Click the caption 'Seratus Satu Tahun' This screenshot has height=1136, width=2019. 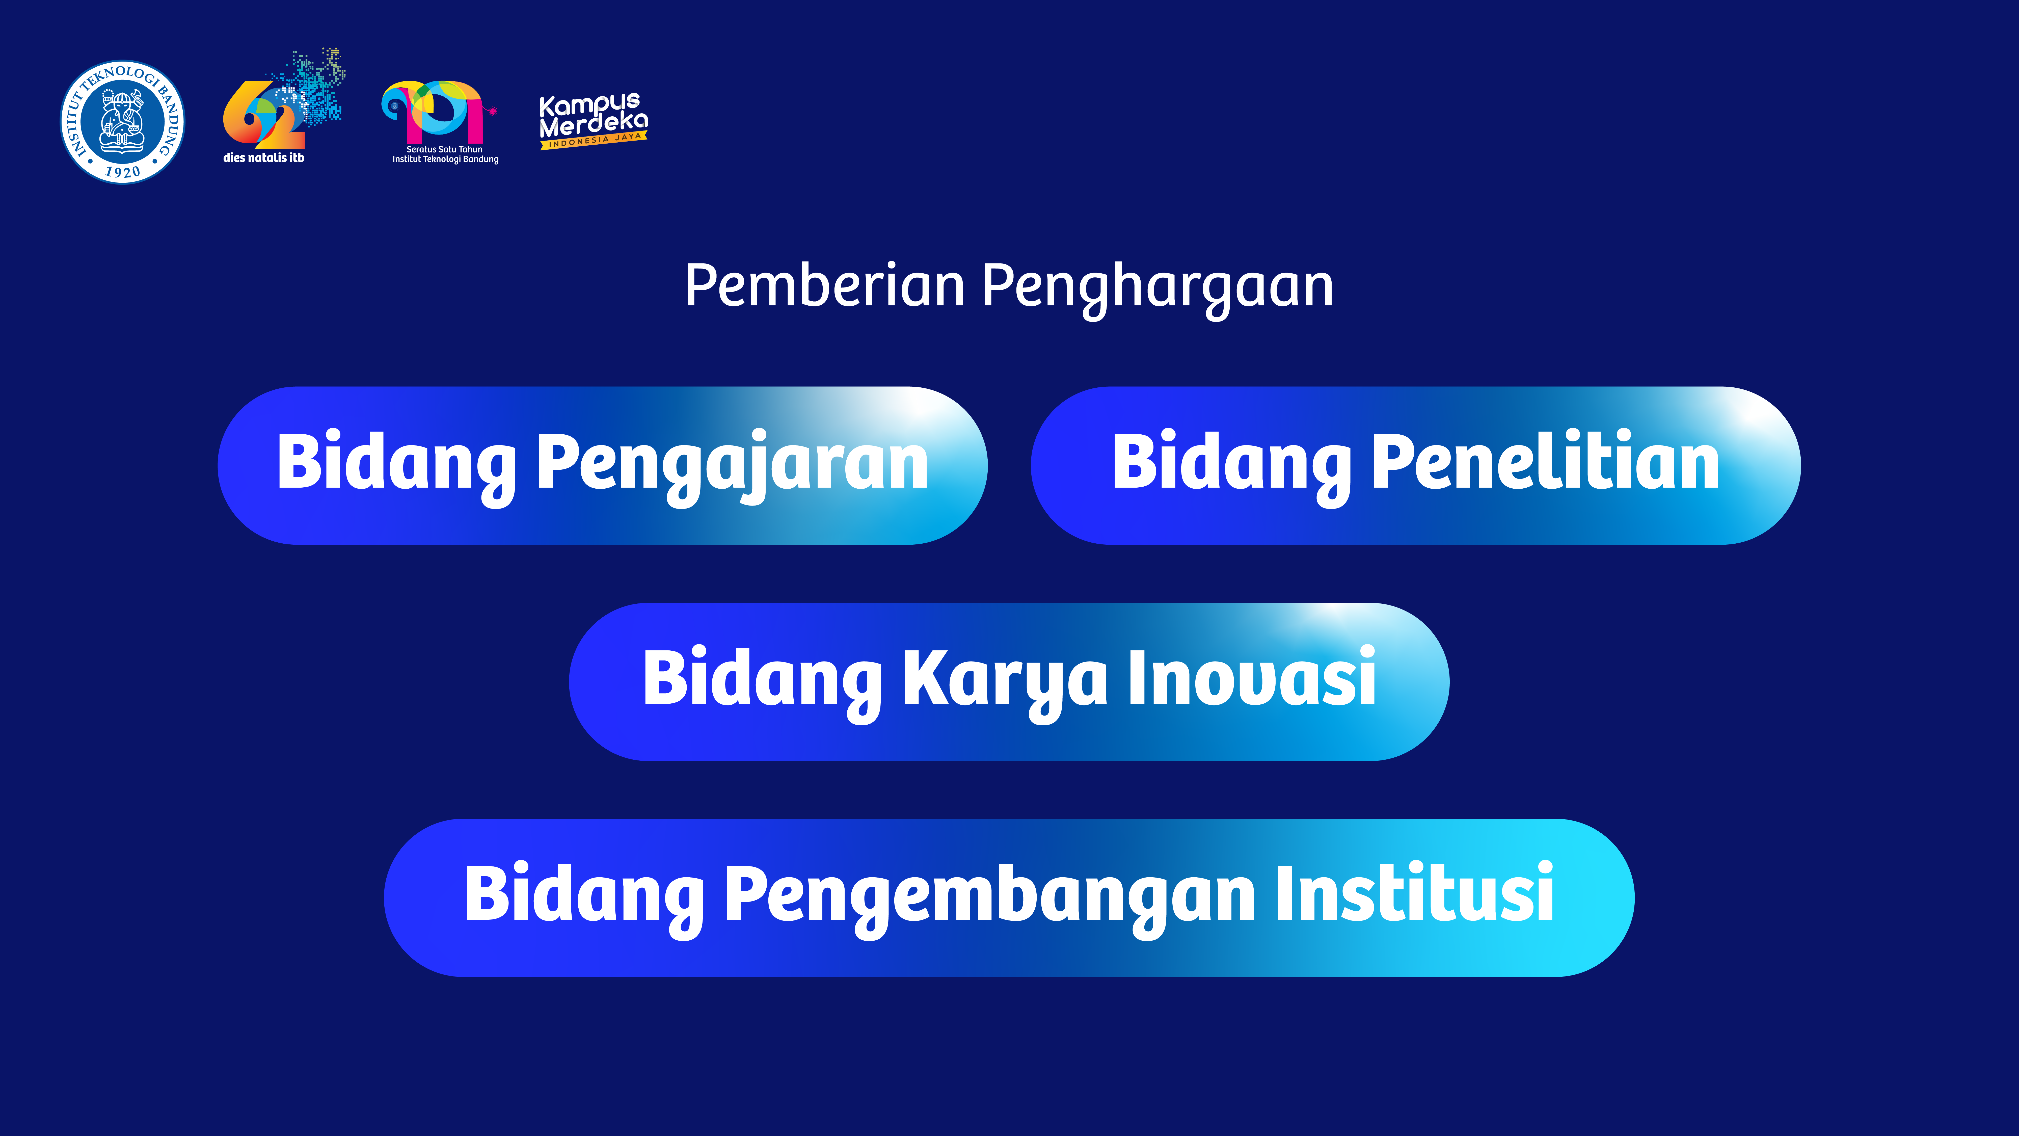444,149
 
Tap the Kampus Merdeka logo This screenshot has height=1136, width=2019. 593,121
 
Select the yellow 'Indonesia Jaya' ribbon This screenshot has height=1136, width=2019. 593,141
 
